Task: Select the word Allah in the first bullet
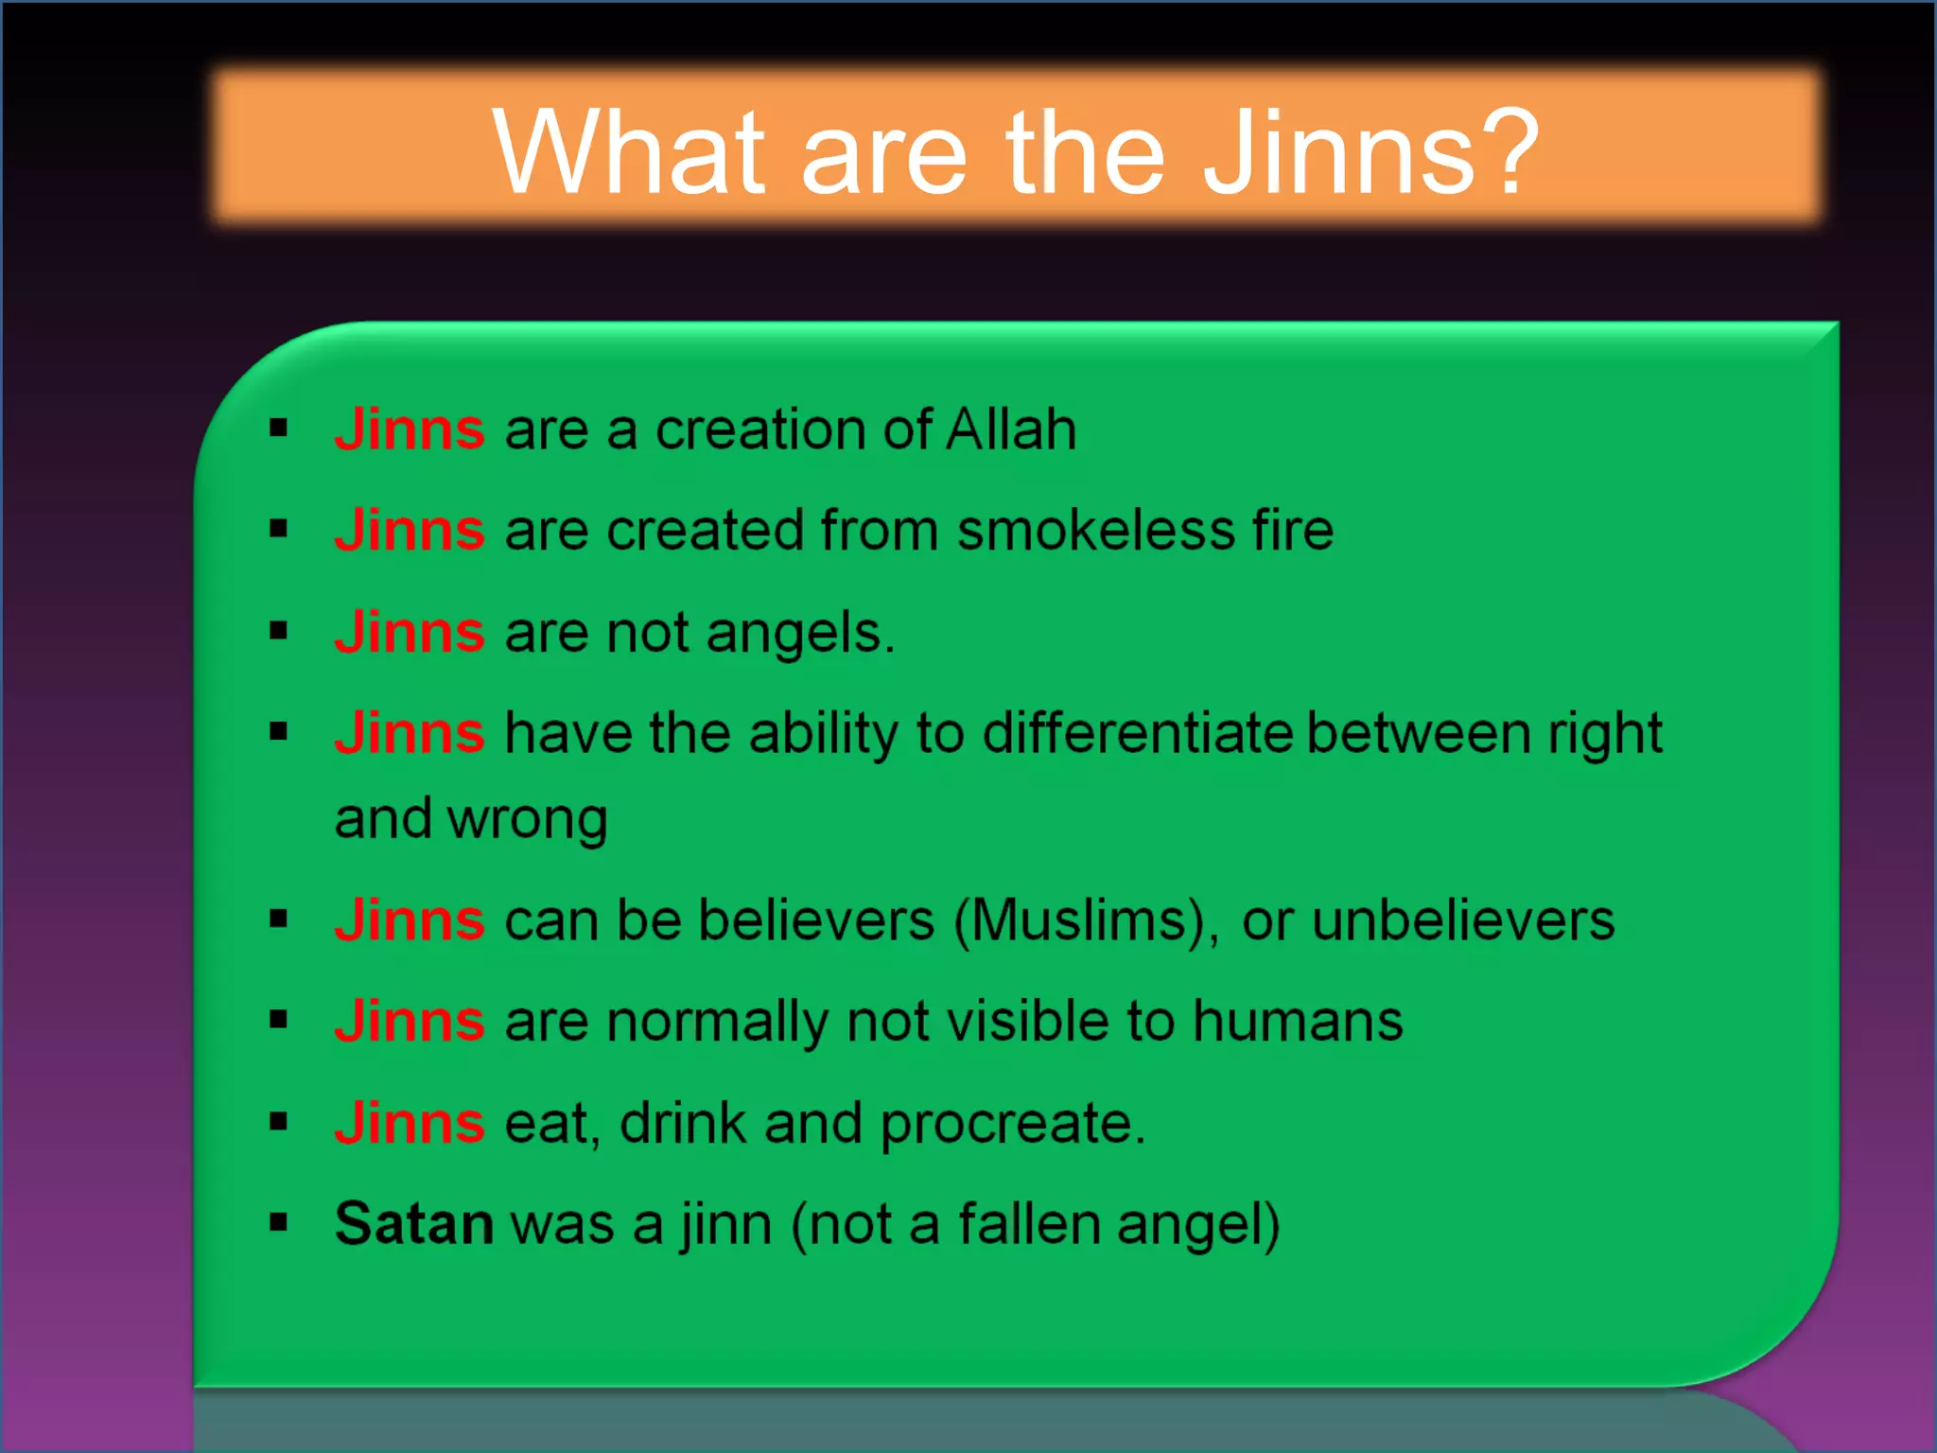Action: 1011,429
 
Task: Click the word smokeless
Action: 1096,530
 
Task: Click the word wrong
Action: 528,819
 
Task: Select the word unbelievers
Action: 1463,920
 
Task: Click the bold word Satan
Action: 414,1224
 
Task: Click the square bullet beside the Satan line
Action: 278,1223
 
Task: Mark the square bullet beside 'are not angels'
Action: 278,631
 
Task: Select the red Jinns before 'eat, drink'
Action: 410,1123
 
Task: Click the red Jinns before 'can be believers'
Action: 410,920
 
